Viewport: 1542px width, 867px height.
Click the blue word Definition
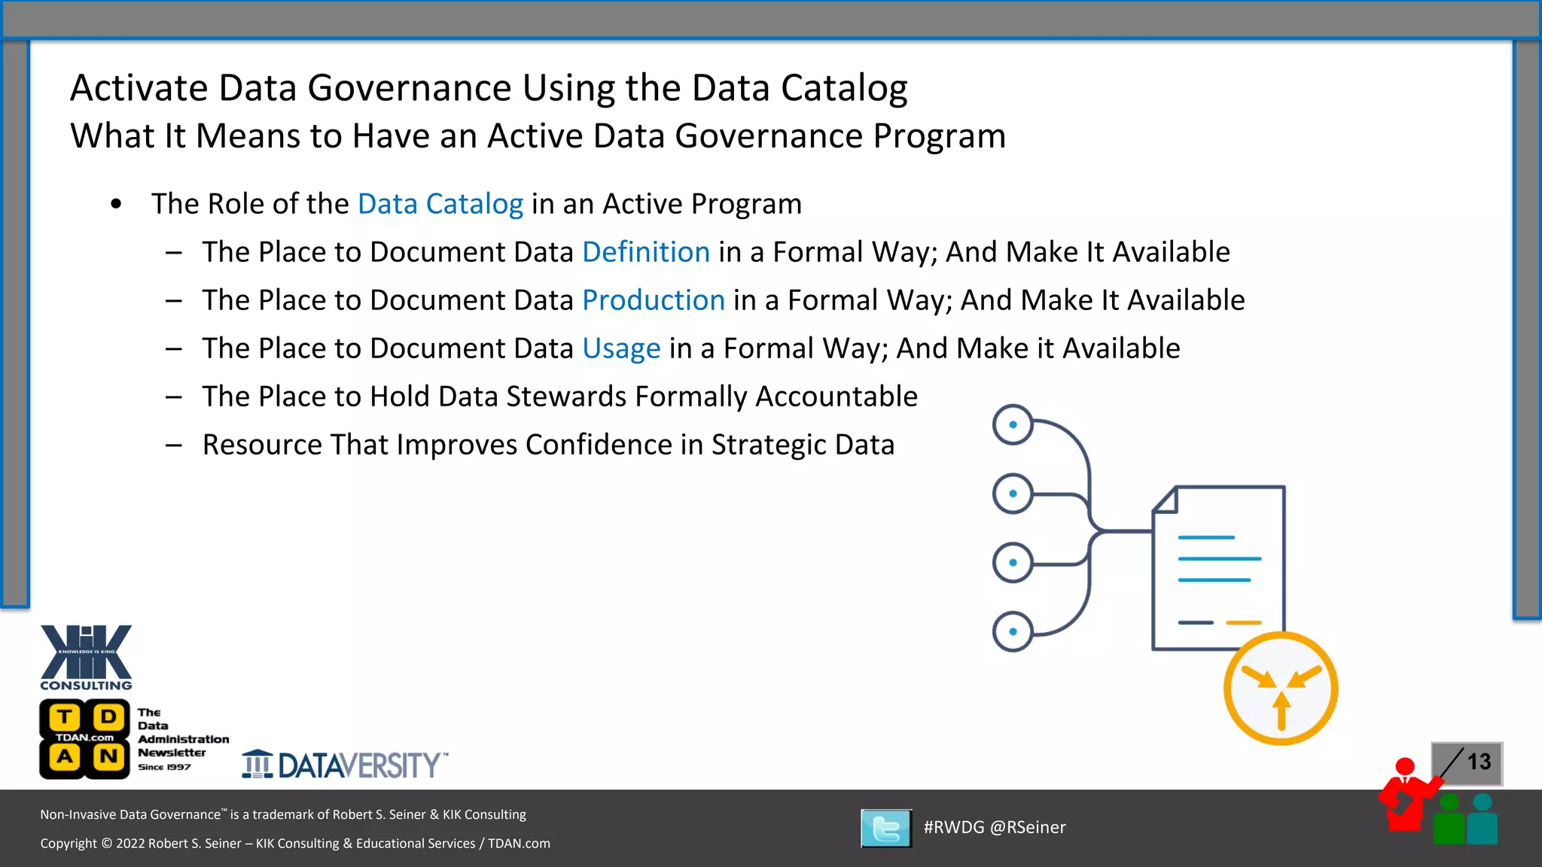(646, 252)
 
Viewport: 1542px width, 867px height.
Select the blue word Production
(653, 300)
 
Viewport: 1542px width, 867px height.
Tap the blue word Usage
(621, 348)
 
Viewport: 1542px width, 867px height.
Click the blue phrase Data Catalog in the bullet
(440, 204)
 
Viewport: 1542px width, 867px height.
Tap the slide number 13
(1479, 762)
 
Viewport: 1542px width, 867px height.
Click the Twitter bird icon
(886, 829)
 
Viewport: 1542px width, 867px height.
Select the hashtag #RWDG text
(953, 827)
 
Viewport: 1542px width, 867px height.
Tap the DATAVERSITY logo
(345, 765)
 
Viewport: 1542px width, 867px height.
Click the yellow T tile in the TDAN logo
(66, 717)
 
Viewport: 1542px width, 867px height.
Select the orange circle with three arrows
(1280, 689)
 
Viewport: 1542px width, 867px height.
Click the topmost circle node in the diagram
(1013, 424)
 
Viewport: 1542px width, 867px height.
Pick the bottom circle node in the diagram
(1013, 631)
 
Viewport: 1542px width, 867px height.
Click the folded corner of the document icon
(1166, 500)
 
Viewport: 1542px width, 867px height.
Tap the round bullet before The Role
(116, 204)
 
